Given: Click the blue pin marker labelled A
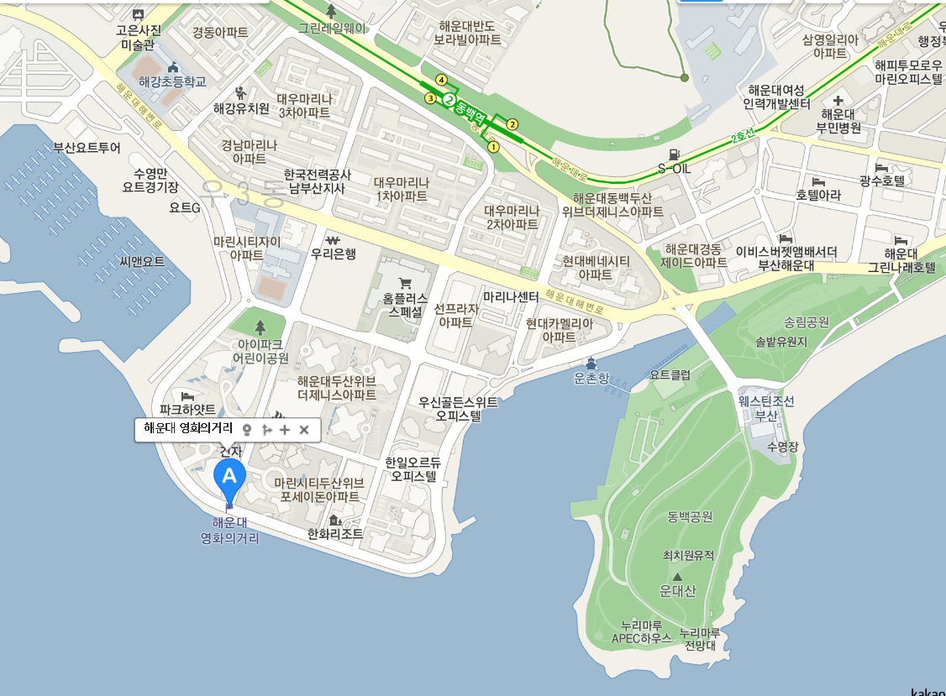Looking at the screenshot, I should tap(229, 477).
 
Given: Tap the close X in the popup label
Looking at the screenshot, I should tap(304, 430).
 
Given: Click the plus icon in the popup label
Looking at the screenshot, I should tap(285, 430).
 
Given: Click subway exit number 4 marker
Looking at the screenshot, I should tap(441, 80).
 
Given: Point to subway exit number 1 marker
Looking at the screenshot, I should tap(493, 147).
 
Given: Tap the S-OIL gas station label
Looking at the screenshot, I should tap(674, 168).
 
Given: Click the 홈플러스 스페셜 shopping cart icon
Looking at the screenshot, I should tap(405, 283).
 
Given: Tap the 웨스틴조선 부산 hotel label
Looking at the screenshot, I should tap(766, 409).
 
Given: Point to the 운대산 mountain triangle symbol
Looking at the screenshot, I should tap(677, 577).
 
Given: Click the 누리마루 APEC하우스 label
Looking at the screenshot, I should tap(642, 631).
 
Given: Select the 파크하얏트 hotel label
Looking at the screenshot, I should tap(187, 409).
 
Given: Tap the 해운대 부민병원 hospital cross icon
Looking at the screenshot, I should tap(838, 101).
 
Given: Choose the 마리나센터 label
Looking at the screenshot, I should tap(511, 296).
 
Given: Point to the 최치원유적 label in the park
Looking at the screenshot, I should tap(683, 556).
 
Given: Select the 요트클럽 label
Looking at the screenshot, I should tap(670, 375).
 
